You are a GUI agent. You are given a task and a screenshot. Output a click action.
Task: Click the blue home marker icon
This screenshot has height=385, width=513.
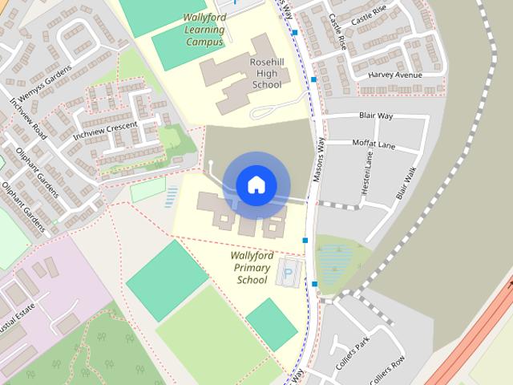256,185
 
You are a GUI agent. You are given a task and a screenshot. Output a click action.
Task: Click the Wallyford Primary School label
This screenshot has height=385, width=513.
252,268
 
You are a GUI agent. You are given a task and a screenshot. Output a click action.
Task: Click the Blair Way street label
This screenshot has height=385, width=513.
376,116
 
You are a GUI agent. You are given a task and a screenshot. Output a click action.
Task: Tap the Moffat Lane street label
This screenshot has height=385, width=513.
374,144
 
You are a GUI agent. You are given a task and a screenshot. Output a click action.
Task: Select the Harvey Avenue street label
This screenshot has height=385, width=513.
394,75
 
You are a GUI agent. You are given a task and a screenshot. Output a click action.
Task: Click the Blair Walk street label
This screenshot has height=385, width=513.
406,183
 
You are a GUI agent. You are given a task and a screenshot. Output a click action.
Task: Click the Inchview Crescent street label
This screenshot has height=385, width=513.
105,131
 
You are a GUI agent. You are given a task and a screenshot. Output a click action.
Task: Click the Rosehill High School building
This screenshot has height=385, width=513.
240,76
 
